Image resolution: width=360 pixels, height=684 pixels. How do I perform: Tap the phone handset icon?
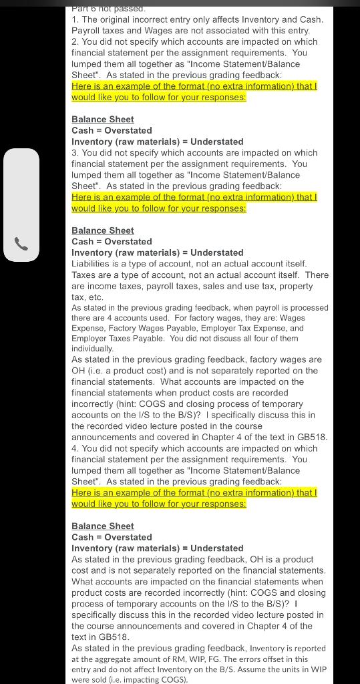[x=21, y=244]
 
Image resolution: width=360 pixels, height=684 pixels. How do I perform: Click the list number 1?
[x=75, y=19]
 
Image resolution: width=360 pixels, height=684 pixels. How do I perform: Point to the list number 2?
[x=75, y=41]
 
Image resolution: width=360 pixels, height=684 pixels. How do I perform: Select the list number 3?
[x=75, y=153]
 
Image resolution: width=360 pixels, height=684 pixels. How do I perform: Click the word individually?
[x=92, y=349]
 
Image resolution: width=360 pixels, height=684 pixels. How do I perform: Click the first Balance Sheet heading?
[x=103, y=120]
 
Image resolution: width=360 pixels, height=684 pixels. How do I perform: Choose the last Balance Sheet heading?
[x=103, y=526]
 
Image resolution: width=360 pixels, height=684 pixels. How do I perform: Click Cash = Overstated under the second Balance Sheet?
[x=112, y=242]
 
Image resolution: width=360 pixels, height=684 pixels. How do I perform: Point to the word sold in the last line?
[x=100, y=681]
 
